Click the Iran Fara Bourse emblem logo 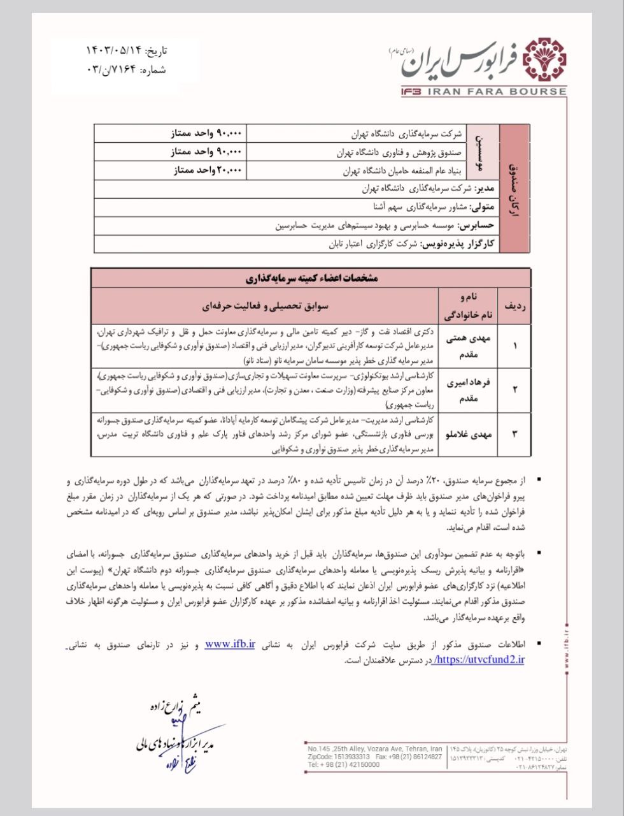pos(544,61)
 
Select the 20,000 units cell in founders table pos(208,171)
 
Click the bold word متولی pos(481,207)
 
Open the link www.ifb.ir pos(230,644)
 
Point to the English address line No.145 pos(374,748)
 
